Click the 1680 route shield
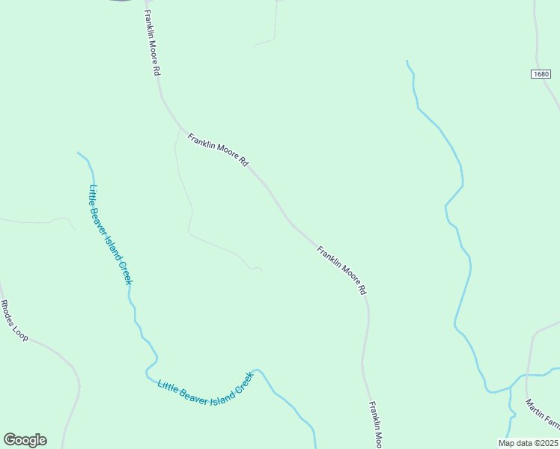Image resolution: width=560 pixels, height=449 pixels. click(x=543, y=74)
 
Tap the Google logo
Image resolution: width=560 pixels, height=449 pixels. click(x=25, y=440)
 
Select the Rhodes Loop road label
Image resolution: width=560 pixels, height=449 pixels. click(x=14, y=321)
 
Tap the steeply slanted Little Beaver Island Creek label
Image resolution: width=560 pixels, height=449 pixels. click(x=110, y=234)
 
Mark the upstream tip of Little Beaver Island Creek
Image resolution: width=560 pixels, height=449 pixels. click(x=78, y=153)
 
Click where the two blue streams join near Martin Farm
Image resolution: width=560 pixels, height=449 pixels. click(x=511, y=388)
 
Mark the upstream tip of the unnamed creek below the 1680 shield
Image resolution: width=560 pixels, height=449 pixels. click(x=407, y=61)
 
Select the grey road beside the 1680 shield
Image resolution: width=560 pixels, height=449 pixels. click(x=537, y=45)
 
